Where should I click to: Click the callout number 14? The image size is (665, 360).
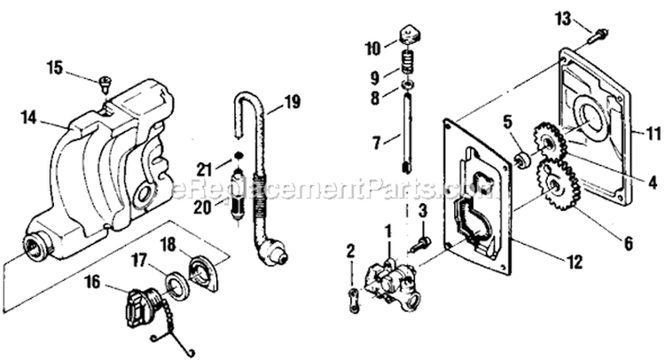tap(29, 117)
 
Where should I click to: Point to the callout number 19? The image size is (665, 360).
tap(293, 102)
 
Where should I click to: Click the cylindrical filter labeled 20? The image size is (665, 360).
tap(239, 194)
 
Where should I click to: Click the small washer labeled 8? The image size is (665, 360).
tap(408, 87)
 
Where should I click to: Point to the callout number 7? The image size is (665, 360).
tap(377, 143)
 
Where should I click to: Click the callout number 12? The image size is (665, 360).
tap(575, 262)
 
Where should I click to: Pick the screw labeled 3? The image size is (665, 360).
tap(420, 244)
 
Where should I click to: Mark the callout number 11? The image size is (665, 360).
tap(653, 135)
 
